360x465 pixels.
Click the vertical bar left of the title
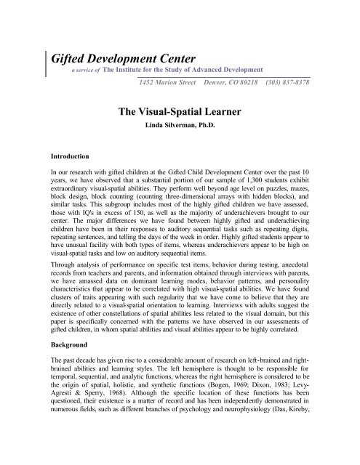pyautogui.click(x=47, y=60)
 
